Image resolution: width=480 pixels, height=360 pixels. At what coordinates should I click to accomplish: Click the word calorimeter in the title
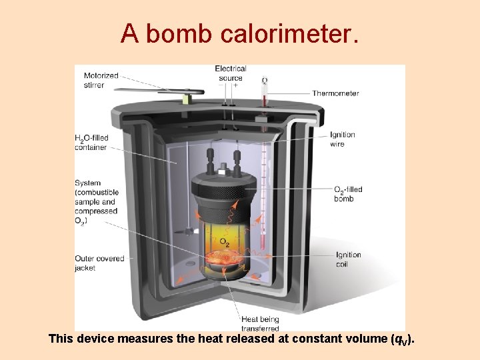287,33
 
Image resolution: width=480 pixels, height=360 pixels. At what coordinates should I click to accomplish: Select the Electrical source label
231,73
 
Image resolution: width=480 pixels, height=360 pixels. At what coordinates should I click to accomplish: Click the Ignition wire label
343,139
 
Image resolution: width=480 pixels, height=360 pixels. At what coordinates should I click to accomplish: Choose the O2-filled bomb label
348,193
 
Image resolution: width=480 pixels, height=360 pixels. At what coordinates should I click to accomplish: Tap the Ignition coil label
349,259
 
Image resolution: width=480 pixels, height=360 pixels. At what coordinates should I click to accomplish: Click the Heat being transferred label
260,323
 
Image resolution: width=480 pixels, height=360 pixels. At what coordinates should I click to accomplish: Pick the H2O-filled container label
92,143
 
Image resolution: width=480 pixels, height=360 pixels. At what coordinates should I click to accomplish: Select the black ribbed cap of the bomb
224,191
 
